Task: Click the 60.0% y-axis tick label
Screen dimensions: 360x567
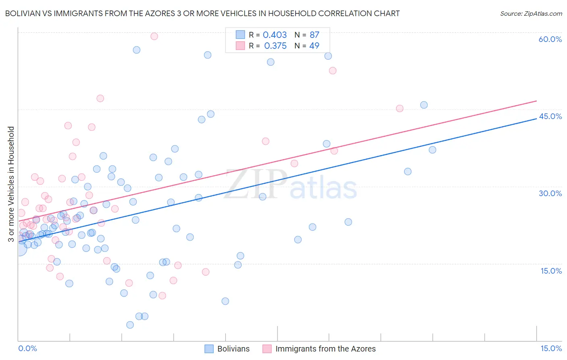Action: [550, 39]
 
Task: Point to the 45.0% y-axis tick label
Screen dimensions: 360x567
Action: [550, 116]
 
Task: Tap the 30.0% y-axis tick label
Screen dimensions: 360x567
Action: [550, 193]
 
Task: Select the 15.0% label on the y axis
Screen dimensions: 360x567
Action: [551, 271]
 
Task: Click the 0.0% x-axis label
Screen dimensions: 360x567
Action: [27, 348]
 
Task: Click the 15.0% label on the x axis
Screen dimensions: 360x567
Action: [551, 348]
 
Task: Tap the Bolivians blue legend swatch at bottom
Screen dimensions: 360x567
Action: [209, 349]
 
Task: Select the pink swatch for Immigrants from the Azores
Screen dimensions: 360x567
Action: [267, 349]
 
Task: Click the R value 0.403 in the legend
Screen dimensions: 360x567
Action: [275, 35]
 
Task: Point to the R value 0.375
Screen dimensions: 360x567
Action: [275, 46]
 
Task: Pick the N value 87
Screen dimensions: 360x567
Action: [314, 35]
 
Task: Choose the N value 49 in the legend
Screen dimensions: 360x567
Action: [314, 46]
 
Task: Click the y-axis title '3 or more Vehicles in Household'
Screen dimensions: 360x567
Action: [11, 184]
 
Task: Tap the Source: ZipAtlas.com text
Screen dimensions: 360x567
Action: [531, 14]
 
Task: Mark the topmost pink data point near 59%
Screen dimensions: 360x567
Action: [154, 36]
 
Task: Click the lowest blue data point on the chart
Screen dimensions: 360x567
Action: [130, 325]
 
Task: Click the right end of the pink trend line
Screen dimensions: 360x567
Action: [536, 101]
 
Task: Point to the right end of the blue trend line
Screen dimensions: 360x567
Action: [536, 119]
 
